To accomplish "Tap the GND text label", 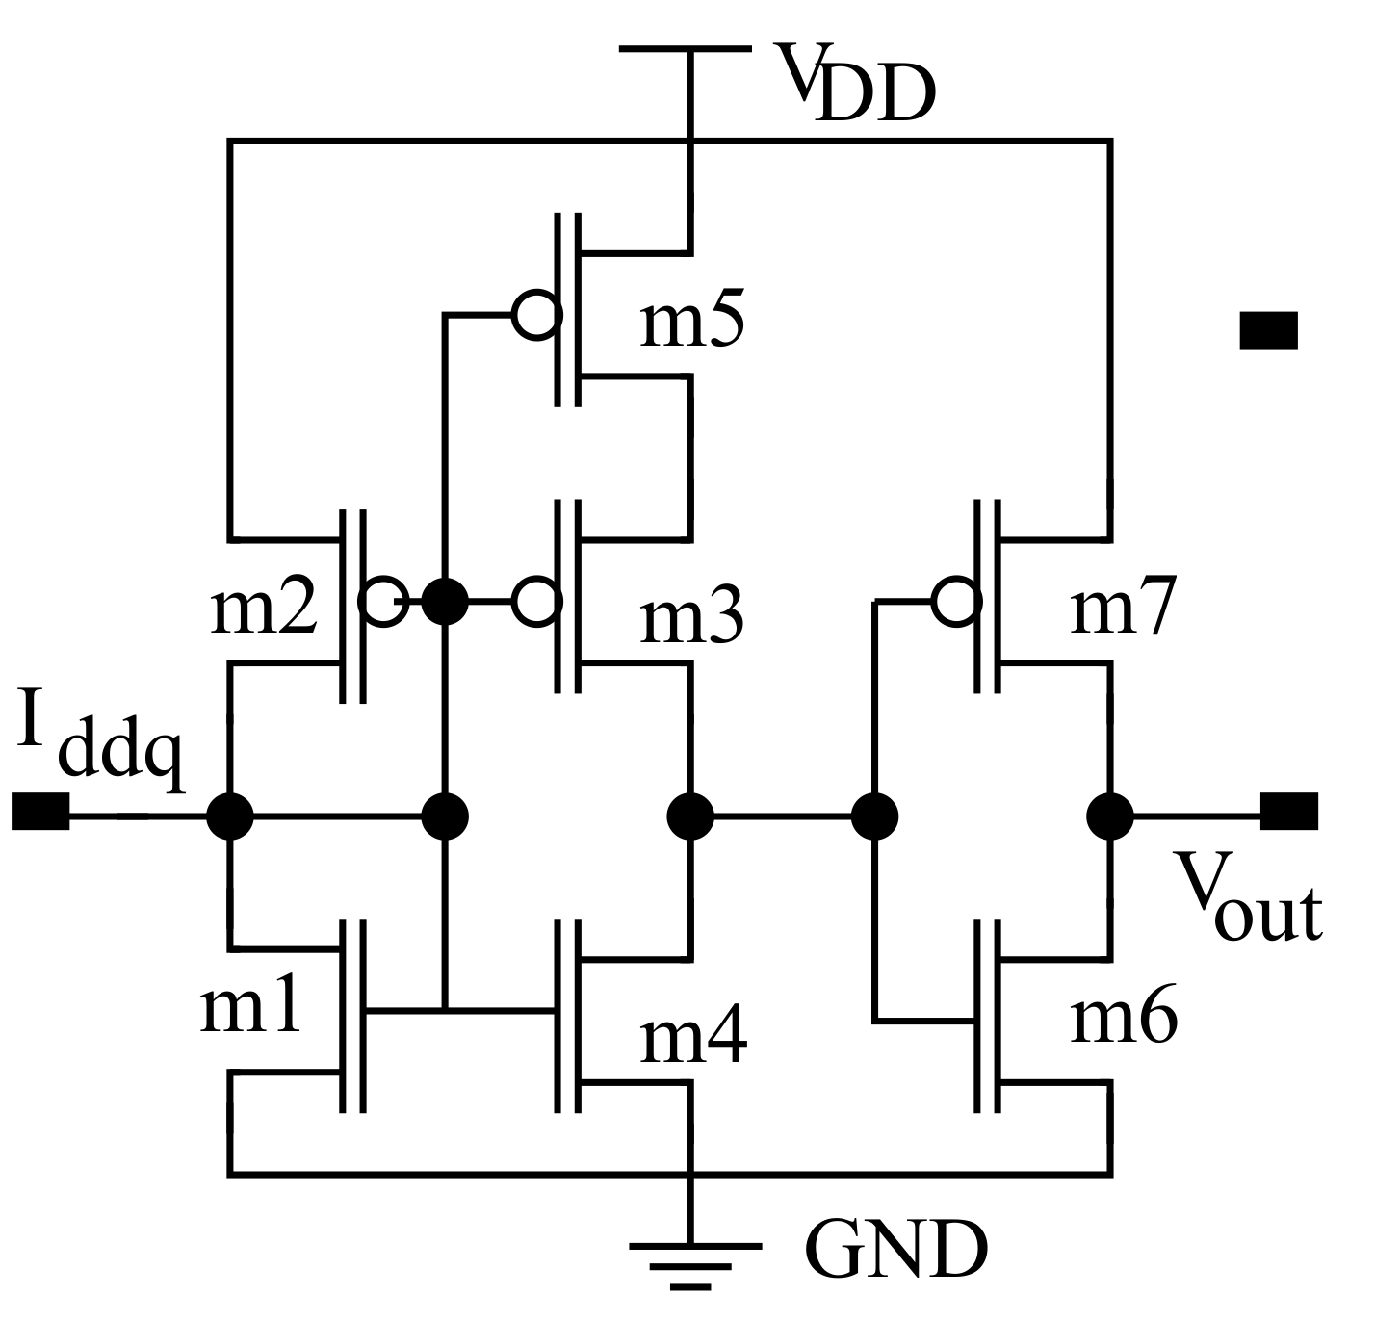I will pyautogui.click(x=895, y=1250).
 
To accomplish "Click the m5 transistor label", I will pyautogui.click(x=691, y=323).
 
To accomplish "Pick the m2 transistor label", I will pyautogui.click(x=262, y=609).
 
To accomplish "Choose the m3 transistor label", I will pyautogui.click(x=691, y=617).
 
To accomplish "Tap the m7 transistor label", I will pyautogui.click(x=1122, y=609).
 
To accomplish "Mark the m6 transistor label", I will pyautogui.click(x=1123, y=1019).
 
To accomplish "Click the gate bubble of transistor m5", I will pyautogui.click(x=536, y=314).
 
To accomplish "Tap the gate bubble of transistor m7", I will pyautogui.click(x=957, y=602).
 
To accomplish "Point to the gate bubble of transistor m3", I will pyautogui.click(x=536, y=602).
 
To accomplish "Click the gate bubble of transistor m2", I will pyautogui.click(x=382, y=602).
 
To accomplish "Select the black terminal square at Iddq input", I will pyautogui.click(x=39, y=812).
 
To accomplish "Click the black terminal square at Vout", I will pyautogui.click(x=1288, y=812).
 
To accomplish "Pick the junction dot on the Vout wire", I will pyautogui.click(x=1110, y=815).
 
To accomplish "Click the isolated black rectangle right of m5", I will pyautogui.click(x=1268, y=330).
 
